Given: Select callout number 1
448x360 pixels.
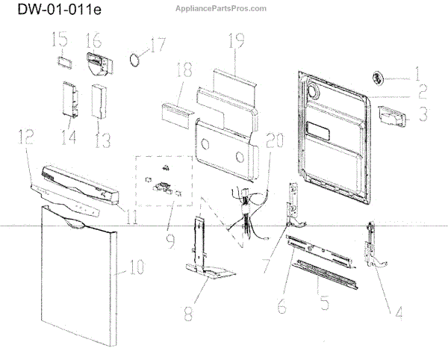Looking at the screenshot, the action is [x=417, y=75].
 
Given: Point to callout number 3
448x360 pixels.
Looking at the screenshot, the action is [x=422, y=114].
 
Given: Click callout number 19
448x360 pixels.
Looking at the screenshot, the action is [x=237, y=43].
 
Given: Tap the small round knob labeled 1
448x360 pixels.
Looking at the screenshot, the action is [x=379, y=76].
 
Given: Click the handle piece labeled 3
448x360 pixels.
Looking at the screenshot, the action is [x=391, y=114].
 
